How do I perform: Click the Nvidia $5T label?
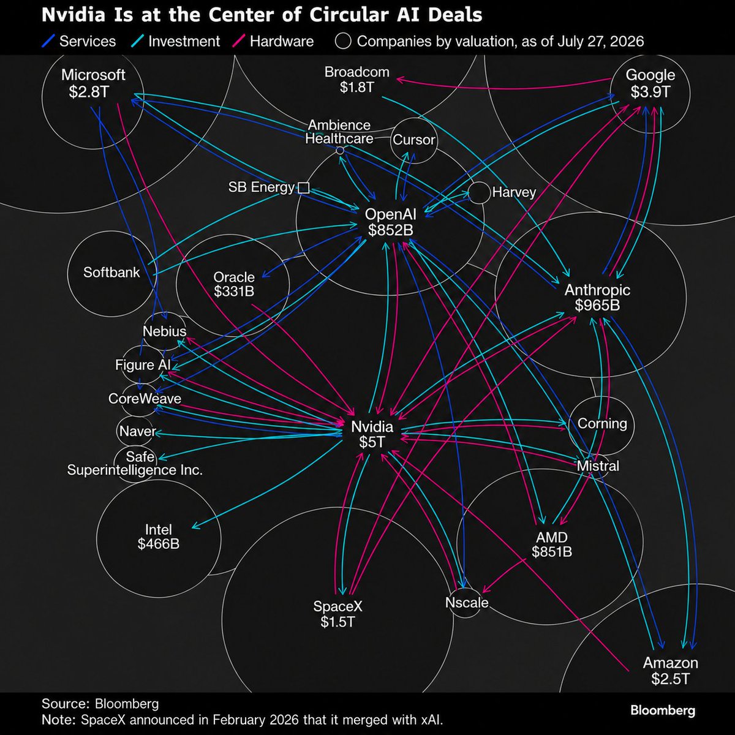point(372,434)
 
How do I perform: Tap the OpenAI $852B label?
point(391,222)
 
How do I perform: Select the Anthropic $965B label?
point(597,298)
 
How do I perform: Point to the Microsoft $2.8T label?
point(93,83)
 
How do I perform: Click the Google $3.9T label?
point(650,83)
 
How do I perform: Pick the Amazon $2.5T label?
point(671,671)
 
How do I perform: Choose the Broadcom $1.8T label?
point(357,80)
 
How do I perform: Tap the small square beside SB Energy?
point(304,187)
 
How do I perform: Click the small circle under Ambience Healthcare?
point(340,151)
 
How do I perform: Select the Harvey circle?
point(479,182)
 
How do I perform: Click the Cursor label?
point(414,140)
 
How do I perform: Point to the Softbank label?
point(111,273)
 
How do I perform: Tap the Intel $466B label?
point(158,537)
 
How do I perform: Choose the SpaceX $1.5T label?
point(337,614)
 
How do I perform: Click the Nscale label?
point(467,603)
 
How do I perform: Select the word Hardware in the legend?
point(282,41)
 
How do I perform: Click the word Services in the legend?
point(88,41)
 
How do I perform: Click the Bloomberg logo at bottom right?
point(663,710)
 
